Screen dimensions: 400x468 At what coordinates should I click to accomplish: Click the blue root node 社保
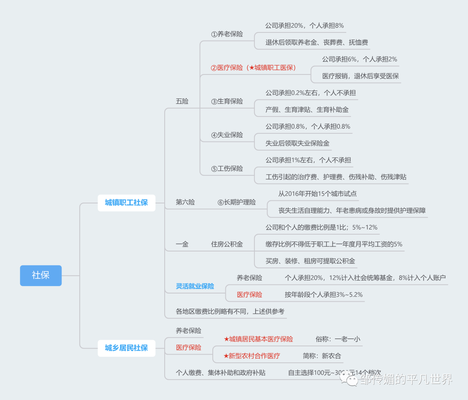41,275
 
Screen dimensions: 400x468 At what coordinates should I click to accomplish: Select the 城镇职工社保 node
126,202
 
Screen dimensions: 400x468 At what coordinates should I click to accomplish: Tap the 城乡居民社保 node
126,348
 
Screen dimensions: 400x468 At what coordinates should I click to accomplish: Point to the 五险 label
182,101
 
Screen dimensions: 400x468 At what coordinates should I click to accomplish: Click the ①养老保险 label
227,34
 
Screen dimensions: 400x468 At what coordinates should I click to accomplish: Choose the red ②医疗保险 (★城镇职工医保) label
253,68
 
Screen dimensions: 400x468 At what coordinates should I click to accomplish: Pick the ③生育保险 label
227,101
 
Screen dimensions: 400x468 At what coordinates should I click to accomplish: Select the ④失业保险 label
227,135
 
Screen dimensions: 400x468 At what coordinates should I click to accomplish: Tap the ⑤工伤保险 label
227,168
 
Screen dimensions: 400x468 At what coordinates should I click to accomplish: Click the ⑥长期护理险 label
236,202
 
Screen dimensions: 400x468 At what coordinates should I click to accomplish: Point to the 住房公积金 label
227,244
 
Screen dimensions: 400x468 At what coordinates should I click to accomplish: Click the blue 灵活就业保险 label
195,286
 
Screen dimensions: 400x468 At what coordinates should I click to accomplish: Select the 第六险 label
185,202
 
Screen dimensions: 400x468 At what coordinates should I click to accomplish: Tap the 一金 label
182,244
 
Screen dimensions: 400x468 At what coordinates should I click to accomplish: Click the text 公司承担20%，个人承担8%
304,26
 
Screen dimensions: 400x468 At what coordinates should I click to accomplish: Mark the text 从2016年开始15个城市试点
317,194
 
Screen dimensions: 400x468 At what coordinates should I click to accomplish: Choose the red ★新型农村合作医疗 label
251,356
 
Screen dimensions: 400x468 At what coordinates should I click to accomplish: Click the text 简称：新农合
322,356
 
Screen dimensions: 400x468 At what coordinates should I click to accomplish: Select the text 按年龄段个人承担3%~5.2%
323,294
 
